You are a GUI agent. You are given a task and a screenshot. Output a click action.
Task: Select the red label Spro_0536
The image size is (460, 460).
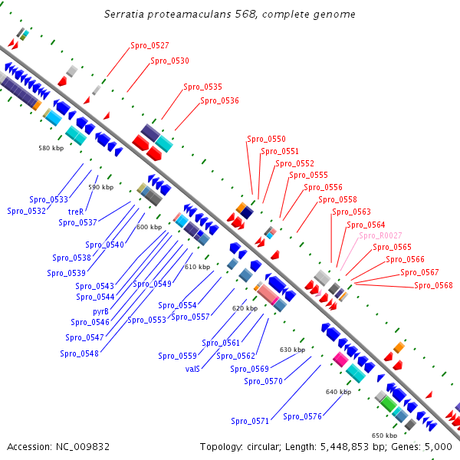click(x=219, y=100)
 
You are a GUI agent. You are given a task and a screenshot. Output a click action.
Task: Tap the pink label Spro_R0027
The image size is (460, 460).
click(x=380, y=235)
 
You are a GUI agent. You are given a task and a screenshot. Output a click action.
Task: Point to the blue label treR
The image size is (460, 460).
click(x=76, y=211)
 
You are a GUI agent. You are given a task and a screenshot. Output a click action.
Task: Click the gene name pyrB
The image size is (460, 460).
click(x=101, y=311)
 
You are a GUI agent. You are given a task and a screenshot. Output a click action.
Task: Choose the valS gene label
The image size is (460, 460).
click(x=192, y=369)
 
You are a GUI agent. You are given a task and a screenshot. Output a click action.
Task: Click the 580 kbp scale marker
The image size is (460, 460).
click(x=51, y=148)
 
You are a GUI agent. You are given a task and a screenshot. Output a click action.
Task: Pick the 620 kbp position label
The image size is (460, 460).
click(x=245, y=308)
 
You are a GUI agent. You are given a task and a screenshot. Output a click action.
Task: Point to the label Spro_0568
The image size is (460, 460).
click(x=433, y=286)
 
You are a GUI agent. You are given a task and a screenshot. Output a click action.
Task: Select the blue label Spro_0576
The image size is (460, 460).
click(x=302, y=416)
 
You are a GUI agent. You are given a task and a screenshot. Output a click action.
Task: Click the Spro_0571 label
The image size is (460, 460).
click(x=250, y=421)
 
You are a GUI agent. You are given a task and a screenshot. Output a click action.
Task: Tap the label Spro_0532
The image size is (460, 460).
click(x=26, y=211)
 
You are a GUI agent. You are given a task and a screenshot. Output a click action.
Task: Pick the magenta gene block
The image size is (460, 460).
click(x=340, y=359)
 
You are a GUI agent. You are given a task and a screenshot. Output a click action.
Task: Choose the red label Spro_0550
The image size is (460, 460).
click(x=266, y=140)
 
